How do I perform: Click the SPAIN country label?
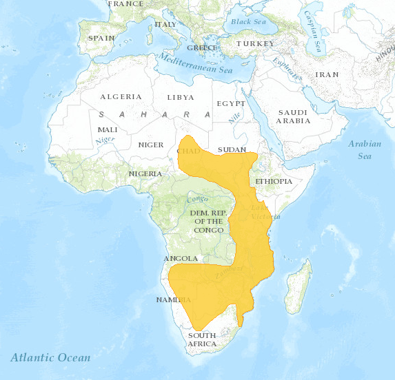pos(101,38)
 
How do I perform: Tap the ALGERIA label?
pos(121,97)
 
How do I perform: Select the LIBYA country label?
pos(181,98)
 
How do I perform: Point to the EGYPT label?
pos(231,103)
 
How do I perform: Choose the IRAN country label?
pos(327,74)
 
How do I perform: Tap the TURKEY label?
pos(255,43)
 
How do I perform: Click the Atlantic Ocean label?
pos(50,357)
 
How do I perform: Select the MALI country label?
pos(108,129)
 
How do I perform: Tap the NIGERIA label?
pos(145,173)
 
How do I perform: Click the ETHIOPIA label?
pos(274,182)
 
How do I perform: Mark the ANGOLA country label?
pos(181,259)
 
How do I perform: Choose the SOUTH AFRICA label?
pos(202,339)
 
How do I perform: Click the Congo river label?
pos(198,200)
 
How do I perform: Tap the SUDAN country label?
pos(232,149)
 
